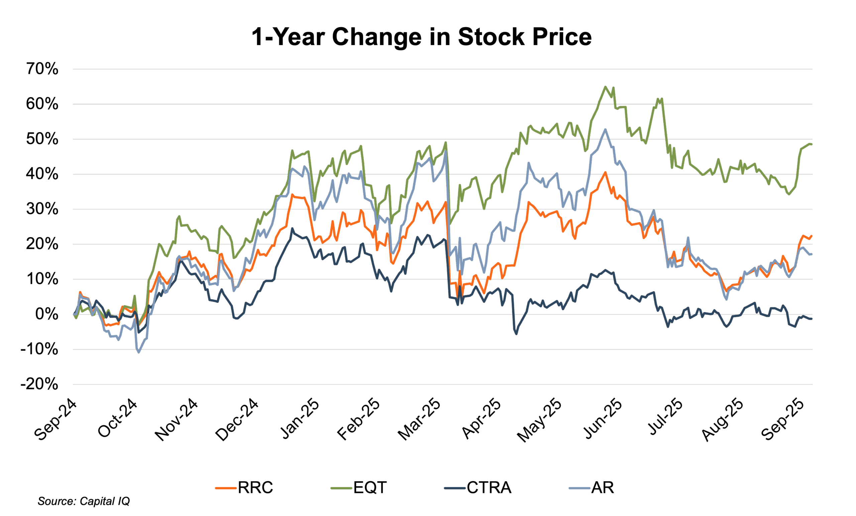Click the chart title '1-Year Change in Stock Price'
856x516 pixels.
click(x=421, y=36)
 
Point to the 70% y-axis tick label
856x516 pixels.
click(x=42, y=69)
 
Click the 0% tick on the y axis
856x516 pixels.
click(x=46, y=314)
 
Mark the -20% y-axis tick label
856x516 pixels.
click(x=39, y=384)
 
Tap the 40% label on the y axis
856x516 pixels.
click(x=42, y=174)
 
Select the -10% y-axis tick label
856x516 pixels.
click(x=39, y=349)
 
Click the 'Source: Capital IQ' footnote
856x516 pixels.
click(x=83, y=501)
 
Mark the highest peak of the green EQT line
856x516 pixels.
click(x=605, y=86)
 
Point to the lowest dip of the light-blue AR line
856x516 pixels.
click(x=139, y=353)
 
